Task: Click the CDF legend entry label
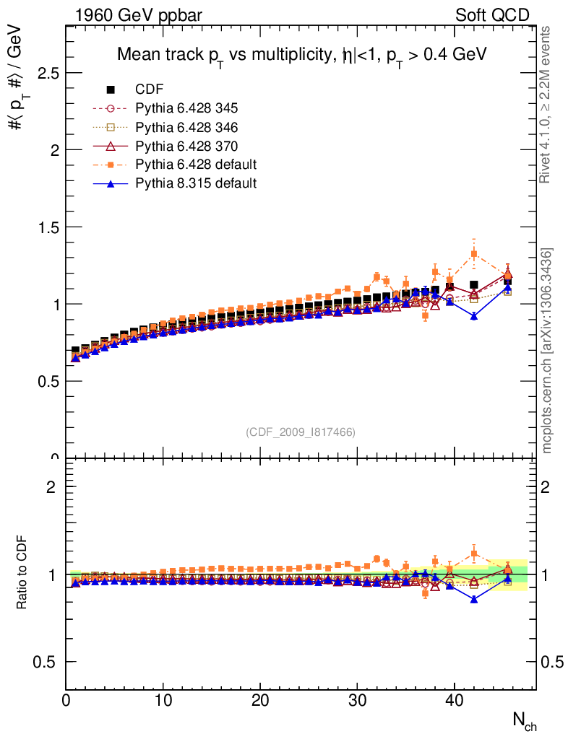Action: tap(150, 89)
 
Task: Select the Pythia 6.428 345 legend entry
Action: tap(186, 108)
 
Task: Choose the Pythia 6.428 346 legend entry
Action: tap(186, 127)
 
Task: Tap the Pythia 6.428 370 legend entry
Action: tap(186, 146)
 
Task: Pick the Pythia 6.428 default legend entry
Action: tap(196, 165)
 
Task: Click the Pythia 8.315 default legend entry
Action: tap(196, 183)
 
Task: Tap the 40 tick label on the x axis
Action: tap(454, 701)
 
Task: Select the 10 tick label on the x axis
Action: tap(164, 701)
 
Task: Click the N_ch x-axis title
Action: tap(524, 720)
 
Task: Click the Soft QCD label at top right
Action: tap(492, 15)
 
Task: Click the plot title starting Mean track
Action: tap(302, 55)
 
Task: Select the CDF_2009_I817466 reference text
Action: tap(301, 432)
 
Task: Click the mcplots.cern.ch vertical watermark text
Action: tap(548, 351)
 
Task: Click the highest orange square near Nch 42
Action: tap(474, 254)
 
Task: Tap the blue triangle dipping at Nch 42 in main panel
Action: tap(474, 316)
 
